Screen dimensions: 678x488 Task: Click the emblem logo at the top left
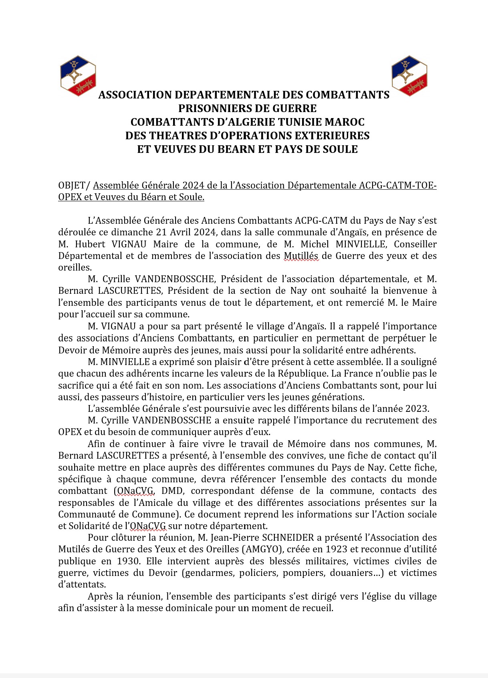point(78,76)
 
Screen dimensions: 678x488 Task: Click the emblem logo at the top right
point(409,76)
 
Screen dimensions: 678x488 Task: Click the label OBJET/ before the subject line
point(75,185)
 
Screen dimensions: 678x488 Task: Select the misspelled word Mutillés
point(301,256)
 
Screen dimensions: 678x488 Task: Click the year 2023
point(417,409)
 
